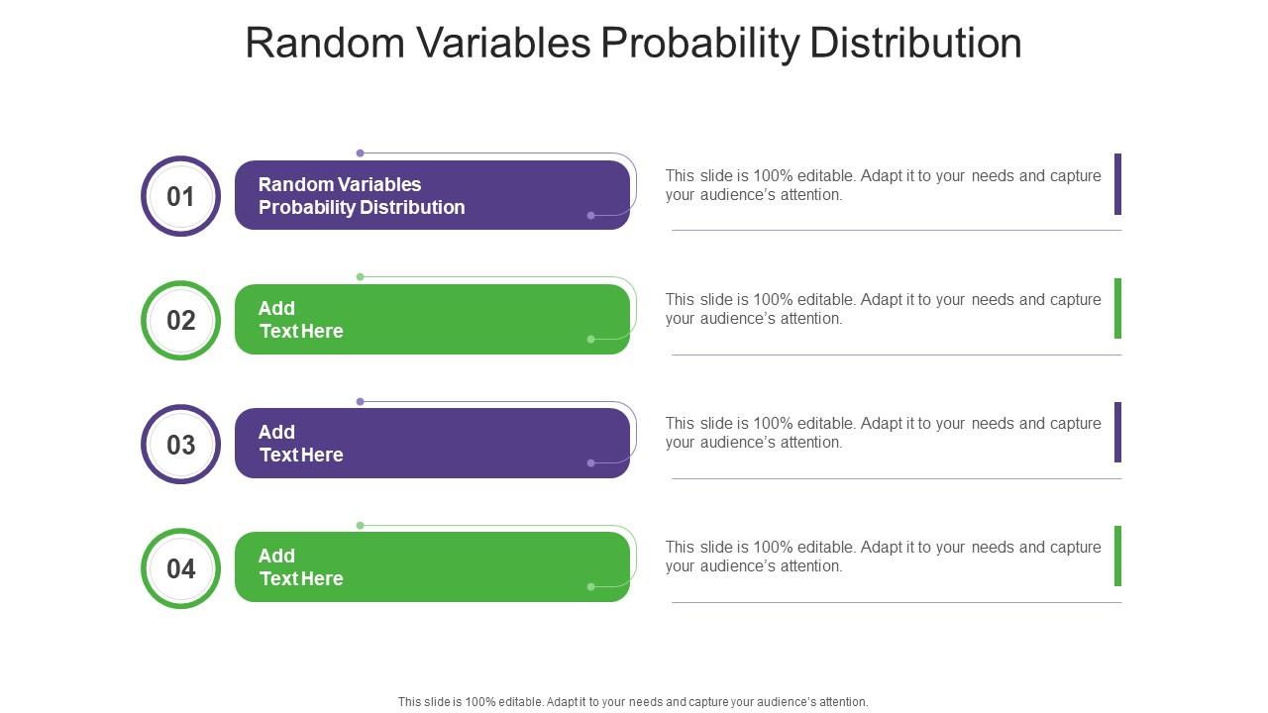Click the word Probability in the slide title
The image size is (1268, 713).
[x=700, y=44]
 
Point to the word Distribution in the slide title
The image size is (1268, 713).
[x=916, y=43]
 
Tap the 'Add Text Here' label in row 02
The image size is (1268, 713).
[x=300, y=320]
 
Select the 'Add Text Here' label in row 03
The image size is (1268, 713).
[x=300, y=444]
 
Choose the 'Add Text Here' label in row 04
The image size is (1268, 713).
[x=300, y=567]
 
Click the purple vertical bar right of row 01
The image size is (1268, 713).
[x=1118, y=184]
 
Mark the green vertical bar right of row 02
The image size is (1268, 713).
[x=1118, y=308]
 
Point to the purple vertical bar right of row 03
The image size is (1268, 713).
[x=1118, y=433]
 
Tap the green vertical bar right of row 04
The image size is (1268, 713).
[x=1118, y=557]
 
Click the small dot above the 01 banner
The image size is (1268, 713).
[x=360, y=153]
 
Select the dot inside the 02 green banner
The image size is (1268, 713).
[x=591, y=340]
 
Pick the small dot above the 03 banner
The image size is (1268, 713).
[x=360, y=402]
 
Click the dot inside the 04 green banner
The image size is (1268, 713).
[x=591, y=587]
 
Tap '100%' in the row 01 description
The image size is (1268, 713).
[x=774, y=176]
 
